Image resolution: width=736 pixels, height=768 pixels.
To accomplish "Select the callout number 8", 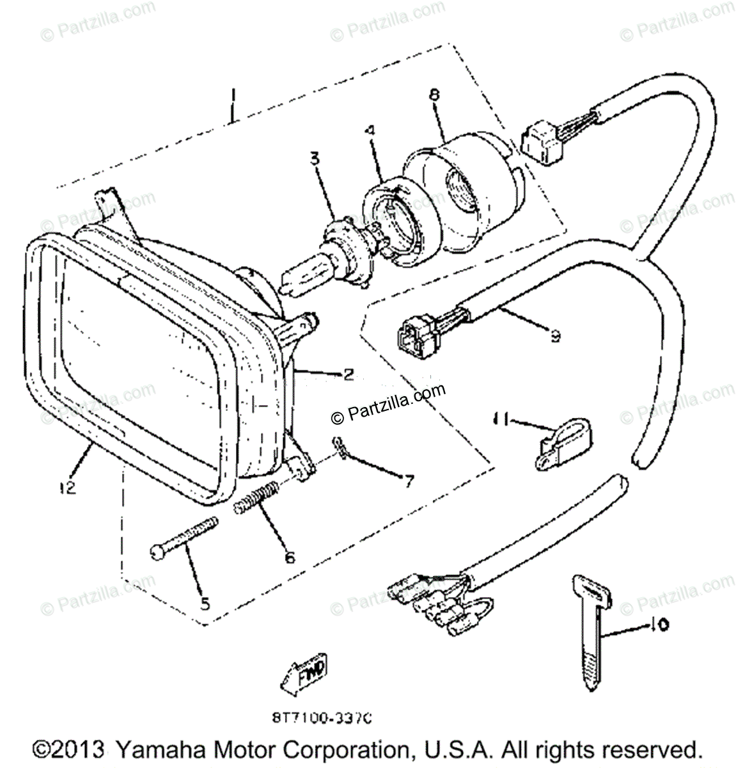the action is (x=434, y=95).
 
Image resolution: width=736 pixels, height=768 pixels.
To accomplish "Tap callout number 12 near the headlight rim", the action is (x=68, y=487).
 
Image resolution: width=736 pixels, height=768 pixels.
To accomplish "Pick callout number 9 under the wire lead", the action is (x=554, y=334).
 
